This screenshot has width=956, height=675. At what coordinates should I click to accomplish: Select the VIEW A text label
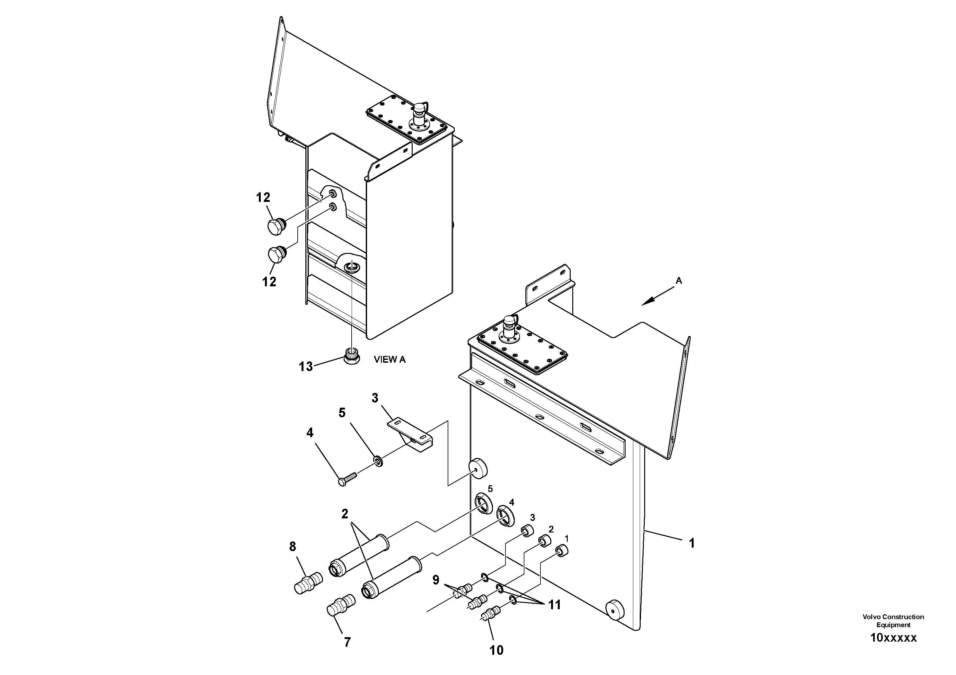(389, 359)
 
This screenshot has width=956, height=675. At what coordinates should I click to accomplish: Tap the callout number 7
(347, 642)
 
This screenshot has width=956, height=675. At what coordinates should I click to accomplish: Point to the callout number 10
(496, 650)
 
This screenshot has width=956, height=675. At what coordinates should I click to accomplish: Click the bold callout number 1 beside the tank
(692, 543)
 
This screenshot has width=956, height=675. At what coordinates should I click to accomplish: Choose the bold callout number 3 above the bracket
(375, 398)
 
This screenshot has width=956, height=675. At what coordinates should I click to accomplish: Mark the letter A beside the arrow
(679, 281)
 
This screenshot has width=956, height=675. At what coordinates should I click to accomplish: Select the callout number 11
(554, 605)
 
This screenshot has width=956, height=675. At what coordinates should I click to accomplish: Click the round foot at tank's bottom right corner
(615, 610)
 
